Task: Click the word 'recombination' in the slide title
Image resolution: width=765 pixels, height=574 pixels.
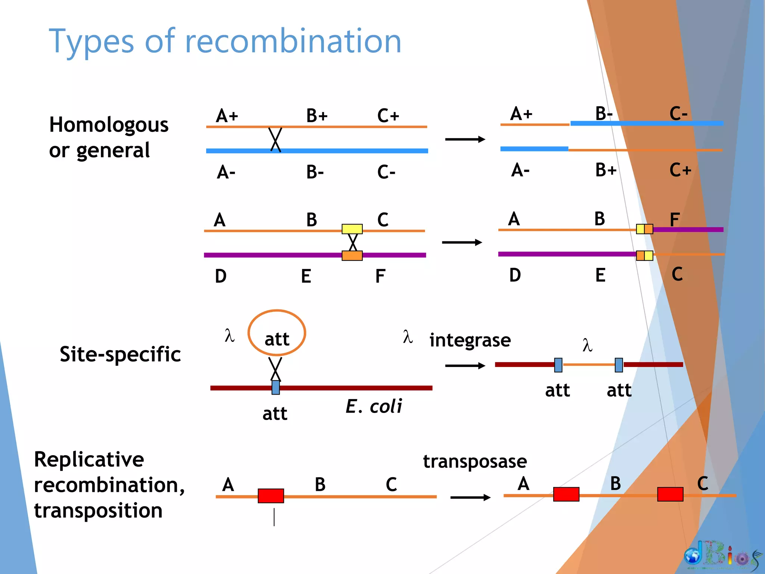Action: click(293, 41)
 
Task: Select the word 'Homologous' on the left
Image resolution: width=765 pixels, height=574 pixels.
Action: click(109, 125)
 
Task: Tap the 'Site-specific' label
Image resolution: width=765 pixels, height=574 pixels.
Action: click(120, 354)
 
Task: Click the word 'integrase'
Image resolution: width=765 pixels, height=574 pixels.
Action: click(470, 340)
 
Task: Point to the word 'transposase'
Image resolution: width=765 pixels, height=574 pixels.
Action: click(475, 461)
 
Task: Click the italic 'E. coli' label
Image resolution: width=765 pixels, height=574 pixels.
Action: click(374, 407)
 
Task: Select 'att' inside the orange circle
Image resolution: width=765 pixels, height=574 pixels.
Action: click(277, 339)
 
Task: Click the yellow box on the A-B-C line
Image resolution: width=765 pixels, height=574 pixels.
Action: click(352, 229)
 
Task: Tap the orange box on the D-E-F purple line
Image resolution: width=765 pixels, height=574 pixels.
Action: click(352, 256)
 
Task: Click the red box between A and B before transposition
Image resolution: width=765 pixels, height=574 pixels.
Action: click(271, 496)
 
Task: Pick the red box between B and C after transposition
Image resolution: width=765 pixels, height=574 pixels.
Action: click(670, 494)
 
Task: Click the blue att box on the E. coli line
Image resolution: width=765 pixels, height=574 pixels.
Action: click(276, 388)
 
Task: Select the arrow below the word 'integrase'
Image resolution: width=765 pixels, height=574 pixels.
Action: click(465, 365)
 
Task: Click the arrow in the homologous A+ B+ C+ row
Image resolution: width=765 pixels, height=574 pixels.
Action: click(465, 139)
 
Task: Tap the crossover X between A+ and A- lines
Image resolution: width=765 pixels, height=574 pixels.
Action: click(276, 139)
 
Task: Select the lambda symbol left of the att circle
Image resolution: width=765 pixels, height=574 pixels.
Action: click(229, 335)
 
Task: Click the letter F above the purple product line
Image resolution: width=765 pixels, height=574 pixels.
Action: click(674, 219)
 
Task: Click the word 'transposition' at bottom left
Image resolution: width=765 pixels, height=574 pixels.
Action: click(98, 510)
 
